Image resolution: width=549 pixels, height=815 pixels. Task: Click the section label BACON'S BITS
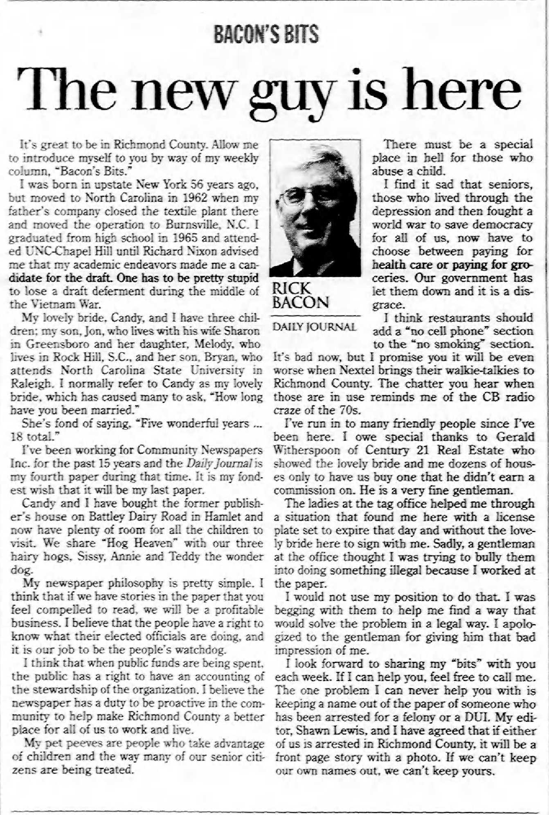click(x=266, y=34)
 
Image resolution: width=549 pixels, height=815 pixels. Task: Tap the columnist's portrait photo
click(x=315, y=208)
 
